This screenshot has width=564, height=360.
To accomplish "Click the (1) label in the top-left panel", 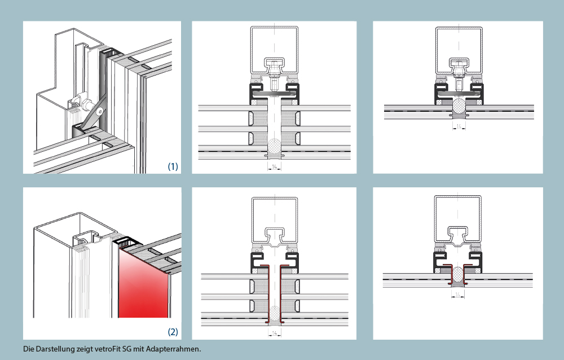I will (x=173, y=166).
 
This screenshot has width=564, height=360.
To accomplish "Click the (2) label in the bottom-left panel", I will (x=173, y=332).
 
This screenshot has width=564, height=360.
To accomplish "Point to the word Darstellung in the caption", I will (x=52, y=349).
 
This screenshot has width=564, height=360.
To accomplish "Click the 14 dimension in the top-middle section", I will (x=274, y=167).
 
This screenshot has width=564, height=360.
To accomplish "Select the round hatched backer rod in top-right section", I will (x=459, y=106).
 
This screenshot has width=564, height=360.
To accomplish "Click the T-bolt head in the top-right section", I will (x=459, y=63).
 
